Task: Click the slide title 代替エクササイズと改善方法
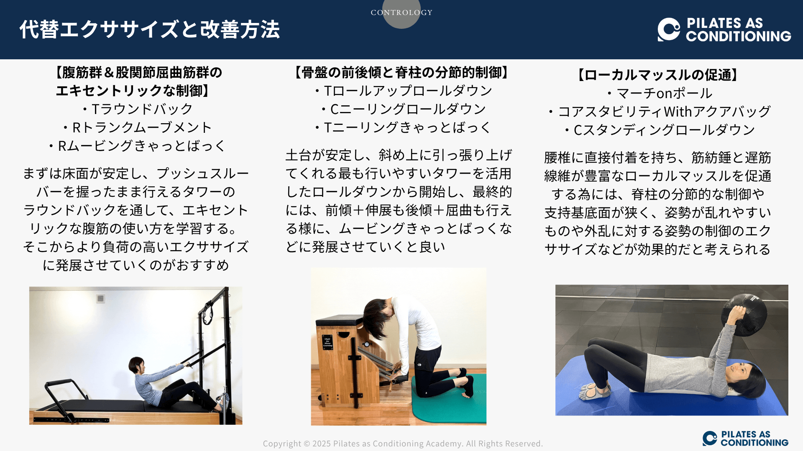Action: pyautogui.click(x=149, y=30)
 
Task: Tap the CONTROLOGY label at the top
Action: pyautogui.click(x=401, y=13)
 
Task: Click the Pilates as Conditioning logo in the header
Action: pyautogui.click(x=724, y=30)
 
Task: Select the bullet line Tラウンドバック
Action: pyautogui.click(x=137, y=109)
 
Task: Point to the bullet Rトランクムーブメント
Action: pyautogui.click(x=137, y=127)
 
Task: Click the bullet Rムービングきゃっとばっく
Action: pyautogui.click(x=137, y=146)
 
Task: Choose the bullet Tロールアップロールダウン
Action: pyautogui.click(x=402, y=91)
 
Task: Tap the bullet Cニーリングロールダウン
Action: pyautogui.click(x=402, y=109)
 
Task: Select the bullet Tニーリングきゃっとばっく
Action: pyautogui.click(x=402, y=127)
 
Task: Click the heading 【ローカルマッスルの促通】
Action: pyautogui.click(x=658, y=75)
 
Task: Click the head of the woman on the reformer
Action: pyautogui.click(x=137, y=365)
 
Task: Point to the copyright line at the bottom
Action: pyautogui.click(x=403, y=443)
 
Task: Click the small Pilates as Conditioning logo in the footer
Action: pyautogui.click(x=745, y=438)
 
